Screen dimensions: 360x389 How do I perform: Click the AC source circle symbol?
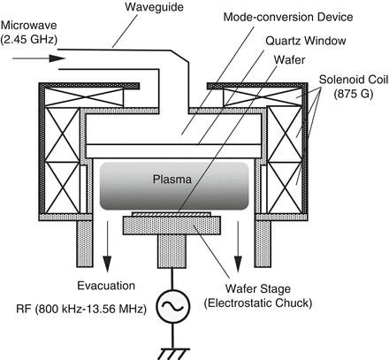pos(171,307)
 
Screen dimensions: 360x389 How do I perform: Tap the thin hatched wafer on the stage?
pos(173,214)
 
